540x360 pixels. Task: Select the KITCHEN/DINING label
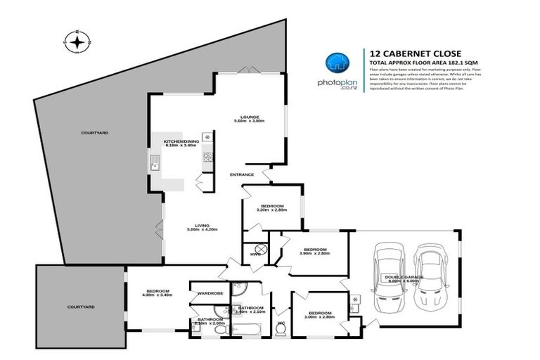tap(181, 141)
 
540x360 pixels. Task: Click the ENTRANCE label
tap(243, 174)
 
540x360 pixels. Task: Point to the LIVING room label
tap(198, 226)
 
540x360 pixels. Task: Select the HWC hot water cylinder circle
tap(260, 250)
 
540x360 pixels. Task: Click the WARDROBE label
tap(210, 292)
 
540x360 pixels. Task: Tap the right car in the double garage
tap(430, 277)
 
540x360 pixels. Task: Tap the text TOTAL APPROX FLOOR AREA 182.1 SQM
tap(418, 63)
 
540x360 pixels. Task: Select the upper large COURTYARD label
tap(94, 132)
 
